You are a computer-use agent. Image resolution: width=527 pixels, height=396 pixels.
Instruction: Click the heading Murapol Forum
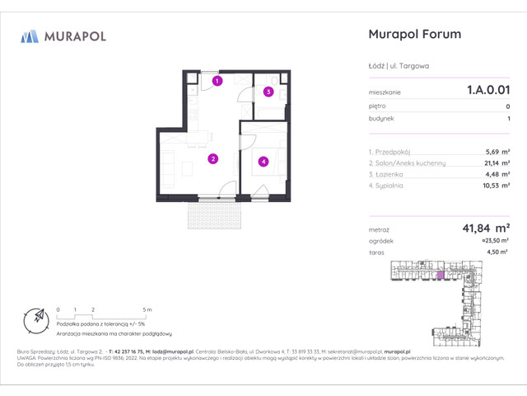click(412, 35)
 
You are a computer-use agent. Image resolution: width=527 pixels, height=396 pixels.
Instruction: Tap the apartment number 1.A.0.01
click(482, 93)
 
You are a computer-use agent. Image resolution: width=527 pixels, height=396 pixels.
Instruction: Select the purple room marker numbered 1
click(217, 81)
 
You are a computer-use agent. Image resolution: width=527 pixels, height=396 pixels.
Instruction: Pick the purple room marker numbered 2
click(212, 159)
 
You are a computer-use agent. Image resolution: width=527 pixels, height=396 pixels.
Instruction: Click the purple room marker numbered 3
click(268, 92)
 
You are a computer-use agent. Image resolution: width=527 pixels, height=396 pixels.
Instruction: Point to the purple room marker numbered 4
click(263, 162)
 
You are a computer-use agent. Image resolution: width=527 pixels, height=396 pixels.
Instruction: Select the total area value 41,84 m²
click(483, 229)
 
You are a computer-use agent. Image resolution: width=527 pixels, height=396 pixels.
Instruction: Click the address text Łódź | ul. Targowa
click(397, 66)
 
